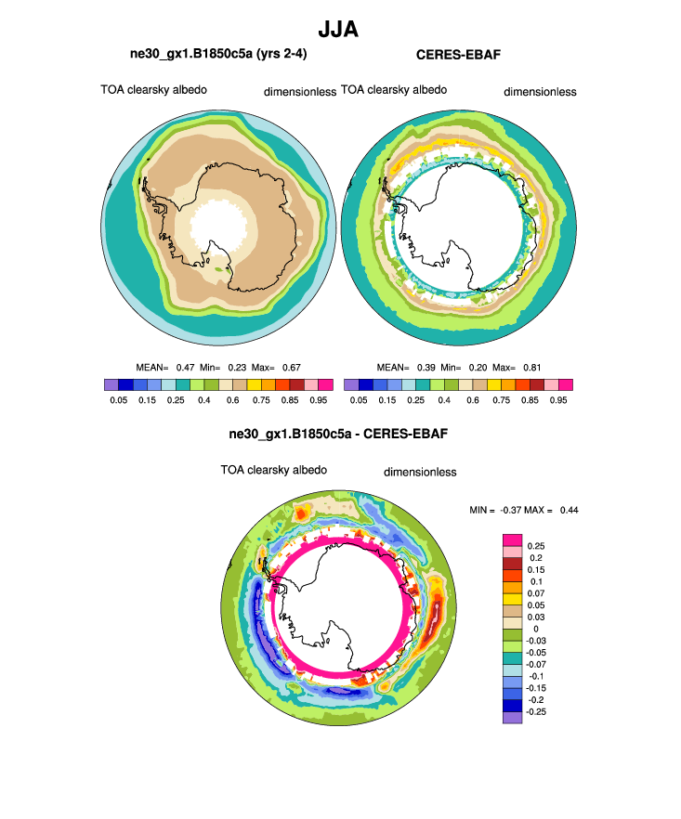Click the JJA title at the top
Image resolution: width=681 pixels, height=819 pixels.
click(x=339, y=30)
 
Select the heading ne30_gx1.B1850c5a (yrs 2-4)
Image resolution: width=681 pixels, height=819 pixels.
click(x=218, y=55)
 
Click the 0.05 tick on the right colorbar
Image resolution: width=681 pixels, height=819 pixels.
click(x=358, y=400)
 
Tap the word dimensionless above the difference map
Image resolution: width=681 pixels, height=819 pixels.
click(x=420, y=472)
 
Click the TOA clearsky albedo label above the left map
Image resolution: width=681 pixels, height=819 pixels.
click(x=154, y=90)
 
